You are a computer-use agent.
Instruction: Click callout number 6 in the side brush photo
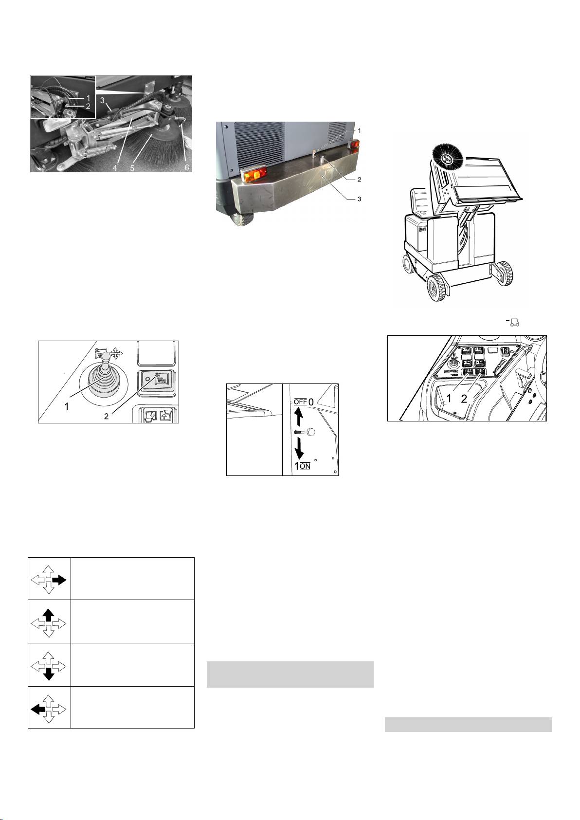[187, 167]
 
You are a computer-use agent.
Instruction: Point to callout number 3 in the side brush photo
[103, 100]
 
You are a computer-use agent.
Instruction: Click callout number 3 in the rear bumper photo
[360, 199]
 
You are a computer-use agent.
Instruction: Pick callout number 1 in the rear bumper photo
[360, 131]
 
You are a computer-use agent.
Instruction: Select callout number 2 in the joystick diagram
[106, 416]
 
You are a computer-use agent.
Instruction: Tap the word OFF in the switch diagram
[300, 401]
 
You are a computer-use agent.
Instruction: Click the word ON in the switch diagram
[305, 466]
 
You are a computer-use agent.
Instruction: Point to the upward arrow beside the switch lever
[299, 417]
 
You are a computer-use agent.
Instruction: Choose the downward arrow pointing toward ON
[299, 449]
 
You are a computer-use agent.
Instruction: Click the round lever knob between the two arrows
[310, 432]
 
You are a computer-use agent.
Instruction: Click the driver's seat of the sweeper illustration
[421, 202]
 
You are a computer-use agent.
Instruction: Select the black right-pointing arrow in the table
[59, 580]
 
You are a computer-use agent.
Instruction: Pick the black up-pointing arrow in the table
[49, 616]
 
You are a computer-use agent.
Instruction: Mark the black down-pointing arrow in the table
[49, 674]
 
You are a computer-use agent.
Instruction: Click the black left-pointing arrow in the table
[38, 710]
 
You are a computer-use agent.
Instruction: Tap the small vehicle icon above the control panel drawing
[514, 322]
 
